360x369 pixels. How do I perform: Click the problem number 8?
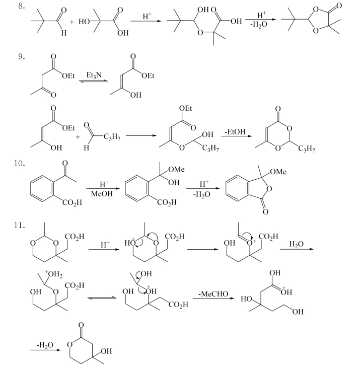(22, 6)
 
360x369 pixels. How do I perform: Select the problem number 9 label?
(22, 56)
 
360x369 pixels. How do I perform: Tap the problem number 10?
(19, 163)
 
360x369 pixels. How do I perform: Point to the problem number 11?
(19, 225)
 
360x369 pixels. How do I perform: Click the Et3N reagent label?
(94, 75)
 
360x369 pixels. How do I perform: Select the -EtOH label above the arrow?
(235, 131)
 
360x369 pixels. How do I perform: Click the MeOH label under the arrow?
(102, 194)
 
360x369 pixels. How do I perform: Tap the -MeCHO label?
(213, 293)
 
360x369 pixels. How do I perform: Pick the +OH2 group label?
(54, 274)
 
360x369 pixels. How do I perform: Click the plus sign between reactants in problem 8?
(71, 22)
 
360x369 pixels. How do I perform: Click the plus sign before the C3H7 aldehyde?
(78, 137)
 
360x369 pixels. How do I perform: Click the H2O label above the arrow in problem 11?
(297, 244)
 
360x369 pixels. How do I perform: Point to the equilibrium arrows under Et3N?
(93, 81)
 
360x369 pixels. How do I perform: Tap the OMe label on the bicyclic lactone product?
(278, 172)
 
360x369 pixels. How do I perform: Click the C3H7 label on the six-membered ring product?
(307, 149)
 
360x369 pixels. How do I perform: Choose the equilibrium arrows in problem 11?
(102, 298)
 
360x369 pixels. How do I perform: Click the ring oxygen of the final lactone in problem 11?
(69, 344)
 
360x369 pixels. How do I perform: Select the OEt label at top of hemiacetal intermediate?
(185, 108)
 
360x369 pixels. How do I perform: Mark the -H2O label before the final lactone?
(45, 345)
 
